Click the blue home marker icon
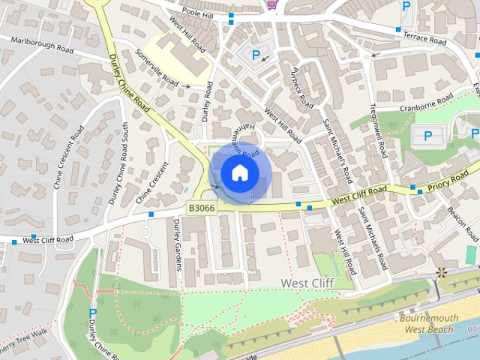tap(239, 172)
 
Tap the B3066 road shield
tap(201, 208)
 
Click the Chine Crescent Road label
tap(77, 156)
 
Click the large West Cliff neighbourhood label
tap(306, 283)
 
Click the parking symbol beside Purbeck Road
tap(256, 55)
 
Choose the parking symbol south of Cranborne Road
tap(427, 136)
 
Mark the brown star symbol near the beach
tap(440, 272)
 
